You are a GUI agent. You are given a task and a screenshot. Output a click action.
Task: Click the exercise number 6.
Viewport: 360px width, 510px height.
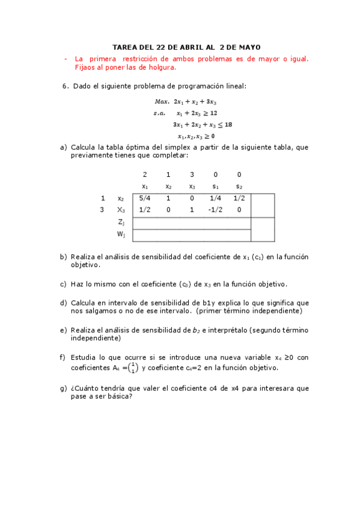tap(65, 86)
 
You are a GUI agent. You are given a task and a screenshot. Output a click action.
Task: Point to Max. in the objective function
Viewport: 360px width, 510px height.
tap(162, 102)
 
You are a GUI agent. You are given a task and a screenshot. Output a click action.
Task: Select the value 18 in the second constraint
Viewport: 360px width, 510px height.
tap(228, 124)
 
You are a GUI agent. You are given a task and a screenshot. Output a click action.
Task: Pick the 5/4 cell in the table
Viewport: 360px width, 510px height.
tap(144, 198)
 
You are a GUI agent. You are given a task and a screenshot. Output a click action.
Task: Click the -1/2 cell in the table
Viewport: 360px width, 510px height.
tap(215, 210)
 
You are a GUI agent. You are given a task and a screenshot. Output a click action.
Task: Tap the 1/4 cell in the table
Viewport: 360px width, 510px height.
tap(215, 198)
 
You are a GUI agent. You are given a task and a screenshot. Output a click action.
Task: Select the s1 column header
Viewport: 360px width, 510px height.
tap(215, 186)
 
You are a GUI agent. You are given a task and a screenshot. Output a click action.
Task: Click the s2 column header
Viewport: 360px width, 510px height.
tap(239, 186)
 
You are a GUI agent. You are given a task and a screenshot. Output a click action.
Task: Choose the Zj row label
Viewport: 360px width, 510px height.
tap(121, 222)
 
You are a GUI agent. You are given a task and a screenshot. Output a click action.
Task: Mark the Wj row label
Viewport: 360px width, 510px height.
tap(121, 234)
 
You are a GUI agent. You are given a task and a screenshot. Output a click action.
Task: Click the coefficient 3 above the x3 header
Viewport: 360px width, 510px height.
tap(192, 174)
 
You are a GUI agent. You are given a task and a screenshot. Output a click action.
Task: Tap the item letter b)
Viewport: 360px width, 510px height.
tap(63, 257)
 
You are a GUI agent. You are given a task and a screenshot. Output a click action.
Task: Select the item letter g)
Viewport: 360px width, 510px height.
tap(63, 389)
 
